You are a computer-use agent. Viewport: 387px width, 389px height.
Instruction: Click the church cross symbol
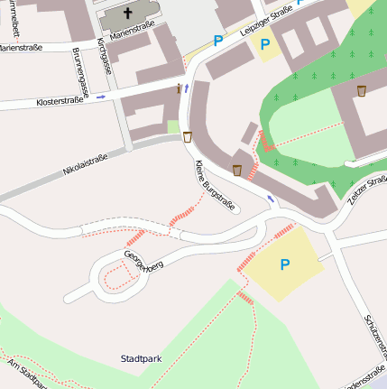127,14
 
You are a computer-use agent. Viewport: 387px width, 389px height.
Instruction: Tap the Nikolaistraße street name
85,164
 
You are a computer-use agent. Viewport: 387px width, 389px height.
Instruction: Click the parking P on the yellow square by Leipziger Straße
264,43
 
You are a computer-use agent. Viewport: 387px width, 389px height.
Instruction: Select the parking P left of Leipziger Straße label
217,40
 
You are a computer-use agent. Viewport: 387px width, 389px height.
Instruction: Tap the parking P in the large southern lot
285,264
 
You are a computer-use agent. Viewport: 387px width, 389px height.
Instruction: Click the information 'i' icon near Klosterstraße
180,88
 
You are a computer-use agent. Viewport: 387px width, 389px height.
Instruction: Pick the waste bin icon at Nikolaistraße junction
188,137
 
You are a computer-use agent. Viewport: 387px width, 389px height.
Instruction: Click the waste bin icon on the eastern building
362,90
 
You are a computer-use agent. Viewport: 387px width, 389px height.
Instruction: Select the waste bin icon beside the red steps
237,170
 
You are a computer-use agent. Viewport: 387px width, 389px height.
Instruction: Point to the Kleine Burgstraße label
215,186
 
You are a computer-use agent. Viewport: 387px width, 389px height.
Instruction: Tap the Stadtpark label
141,358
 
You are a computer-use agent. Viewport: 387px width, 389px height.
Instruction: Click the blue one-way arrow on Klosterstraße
100,96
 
